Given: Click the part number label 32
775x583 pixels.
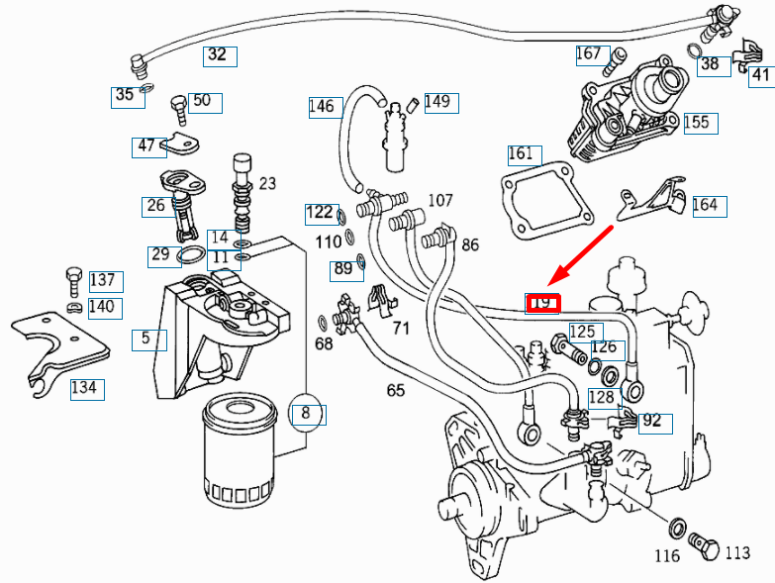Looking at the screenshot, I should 217,55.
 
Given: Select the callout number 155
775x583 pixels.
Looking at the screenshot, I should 697,122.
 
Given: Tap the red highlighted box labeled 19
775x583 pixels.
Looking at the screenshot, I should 542,303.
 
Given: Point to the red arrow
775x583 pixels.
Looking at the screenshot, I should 584,253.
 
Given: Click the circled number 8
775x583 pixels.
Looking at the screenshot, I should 306,412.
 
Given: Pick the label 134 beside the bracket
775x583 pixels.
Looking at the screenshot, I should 85,388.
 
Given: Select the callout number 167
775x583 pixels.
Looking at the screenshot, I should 589,53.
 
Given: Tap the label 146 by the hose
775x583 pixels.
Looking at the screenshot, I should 322,106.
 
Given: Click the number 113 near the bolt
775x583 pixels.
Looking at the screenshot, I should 737,553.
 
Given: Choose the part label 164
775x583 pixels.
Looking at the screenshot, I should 706,206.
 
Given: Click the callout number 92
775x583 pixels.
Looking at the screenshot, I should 650,421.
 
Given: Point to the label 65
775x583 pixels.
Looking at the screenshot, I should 396,390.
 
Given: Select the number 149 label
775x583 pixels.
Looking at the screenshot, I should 436,101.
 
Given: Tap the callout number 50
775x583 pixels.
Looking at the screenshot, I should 202,101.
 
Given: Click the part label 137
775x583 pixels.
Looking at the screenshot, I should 103,280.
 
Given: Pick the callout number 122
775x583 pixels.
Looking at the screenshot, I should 319,212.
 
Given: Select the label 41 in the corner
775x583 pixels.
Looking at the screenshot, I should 760,74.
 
